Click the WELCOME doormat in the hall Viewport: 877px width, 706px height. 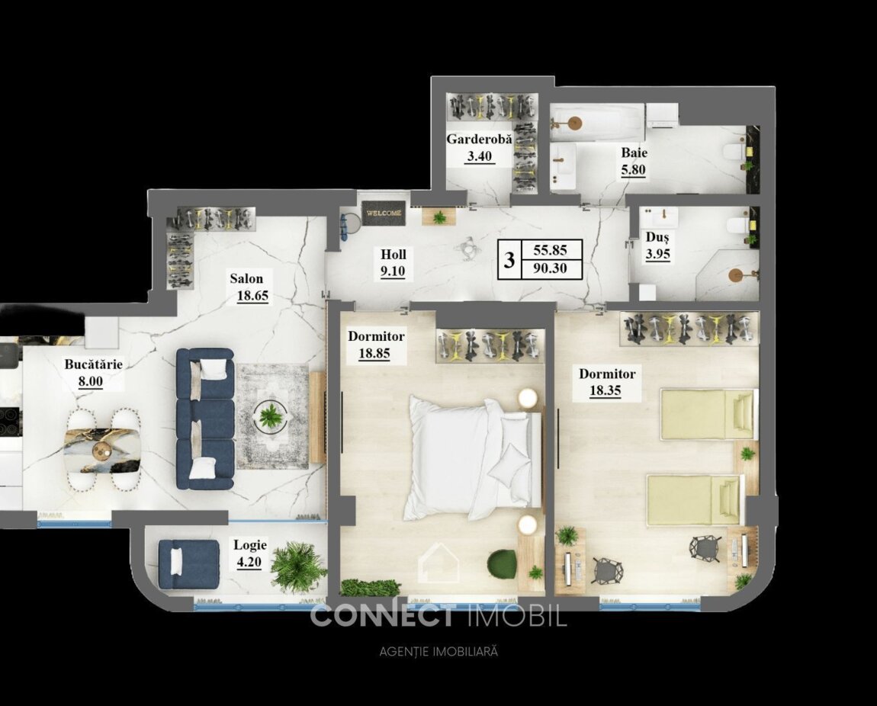(383, 213)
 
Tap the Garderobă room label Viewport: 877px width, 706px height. (479, 140)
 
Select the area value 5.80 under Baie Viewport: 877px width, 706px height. (633, 168)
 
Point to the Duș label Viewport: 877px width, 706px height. (657, 238)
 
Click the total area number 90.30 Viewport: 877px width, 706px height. (550, 268)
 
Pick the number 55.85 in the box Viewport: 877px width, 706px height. (550, 251)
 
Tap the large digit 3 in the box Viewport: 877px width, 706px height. (509, 260)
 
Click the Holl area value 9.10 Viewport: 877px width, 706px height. (394, 271)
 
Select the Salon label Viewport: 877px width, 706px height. (246, 278)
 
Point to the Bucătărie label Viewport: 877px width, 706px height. (93, 364)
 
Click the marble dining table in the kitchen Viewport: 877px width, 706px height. (101, 450)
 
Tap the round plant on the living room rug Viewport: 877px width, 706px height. (271, 416)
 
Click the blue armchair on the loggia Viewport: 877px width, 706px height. (188, 563)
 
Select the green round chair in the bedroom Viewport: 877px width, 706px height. (501, 565)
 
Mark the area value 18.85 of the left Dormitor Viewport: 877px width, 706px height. (374, 354)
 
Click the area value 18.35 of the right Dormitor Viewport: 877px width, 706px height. (606, 390)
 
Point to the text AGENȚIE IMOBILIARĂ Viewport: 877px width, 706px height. (438, 652)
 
